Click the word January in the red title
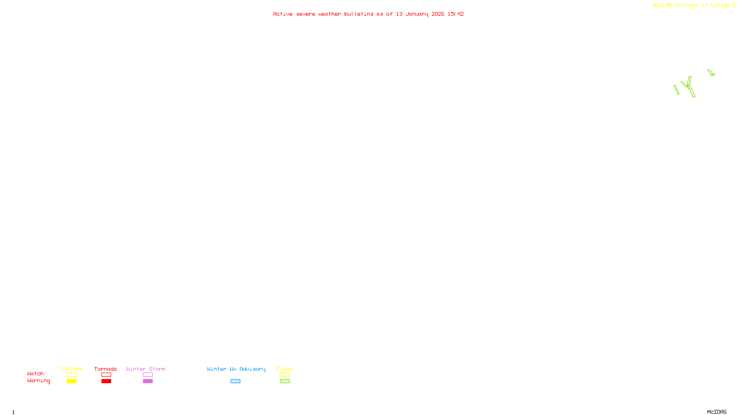(417, 14)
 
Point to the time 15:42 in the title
(455, 14)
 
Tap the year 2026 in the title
(438, 14)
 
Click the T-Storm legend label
(71, 369)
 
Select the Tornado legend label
(106, 369)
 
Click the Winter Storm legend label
(146, 369)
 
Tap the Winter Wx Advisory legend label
(236, 369)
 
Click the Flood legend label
(285, 369)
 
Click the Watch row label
(36, 374)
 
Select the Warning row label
(38, 381)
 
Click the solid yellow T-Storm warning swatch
(71, 381)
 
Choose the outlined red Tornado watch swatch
(106, 375)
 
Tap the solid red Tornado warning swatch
(106, 381)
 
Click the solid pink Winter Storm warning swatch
(148, 381)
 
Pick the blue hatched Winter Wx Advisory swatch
(235, 381)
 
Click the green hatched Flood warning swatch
(285, 381)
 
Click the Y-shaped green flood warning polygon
(689, 86)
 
